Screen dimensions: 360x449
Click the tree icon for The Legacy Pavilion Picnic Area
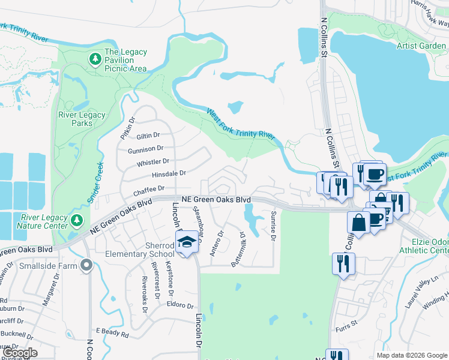pos(95,59)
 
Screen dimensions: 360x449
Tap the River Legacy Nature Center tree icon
pos(76,220)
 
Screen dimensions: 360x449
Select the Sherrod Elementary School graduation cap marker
pos(187,242)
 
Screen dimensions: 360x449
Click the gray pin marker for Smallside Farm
pos(88,264)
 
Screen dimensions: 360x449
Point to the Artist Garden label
pos(421,46)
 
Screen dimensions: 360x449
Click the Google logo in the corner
pos(20,353)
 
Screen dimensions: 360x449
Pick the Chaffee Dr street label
pos(149,190)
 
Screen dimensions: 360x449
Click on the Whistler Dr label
pos(153,161)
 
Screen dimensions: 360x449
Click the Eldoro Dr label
pos(181,305)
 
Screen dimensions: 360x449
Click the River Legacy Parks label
pos(82,119)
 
